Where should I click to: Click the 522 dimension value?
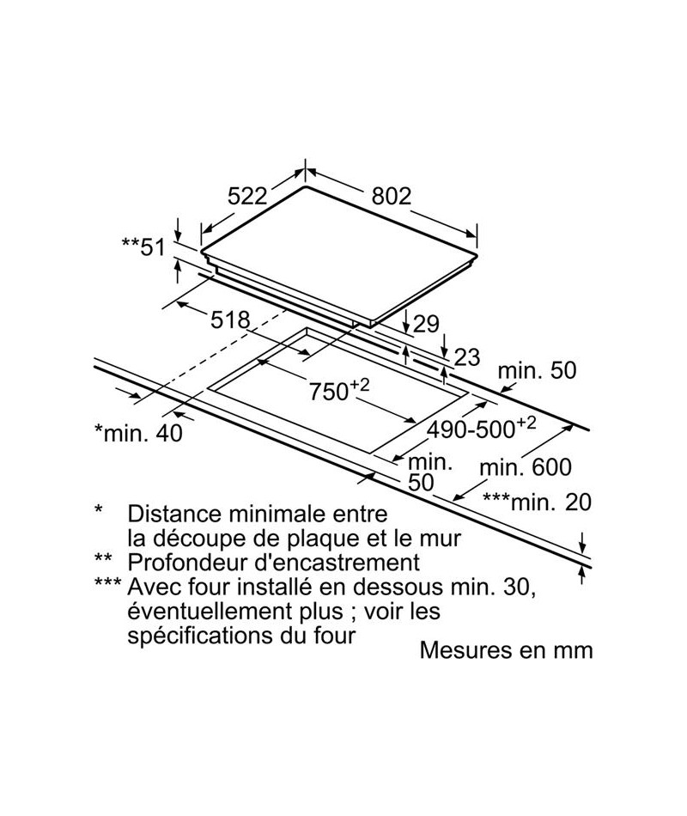(x=247, y=196)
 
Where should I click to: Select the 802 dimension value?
(x=392, y=196)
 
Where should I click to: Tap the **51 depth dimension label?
(x=143, y=247)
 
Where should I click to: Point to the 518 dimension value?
(x=230, y=320)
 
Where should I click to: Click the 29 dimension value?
(x=426, y=324)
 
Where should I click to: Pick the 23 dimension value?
(x=466, y=357)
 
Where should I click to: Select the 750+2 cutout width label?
(x=339, y=389)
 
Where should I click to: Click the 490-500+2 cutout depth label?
(x=481, y=427)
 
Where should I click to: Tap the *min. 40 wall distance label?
(x=138, y=432)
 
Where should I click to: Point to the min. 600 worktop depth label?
(x=526, y=467)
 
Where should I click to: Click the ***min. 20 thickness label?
(x=537, y=502)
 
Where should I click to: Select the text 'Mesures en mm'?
(x=506, y=650)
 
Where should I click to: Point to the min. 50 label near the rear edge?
(x=537, y=370)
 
